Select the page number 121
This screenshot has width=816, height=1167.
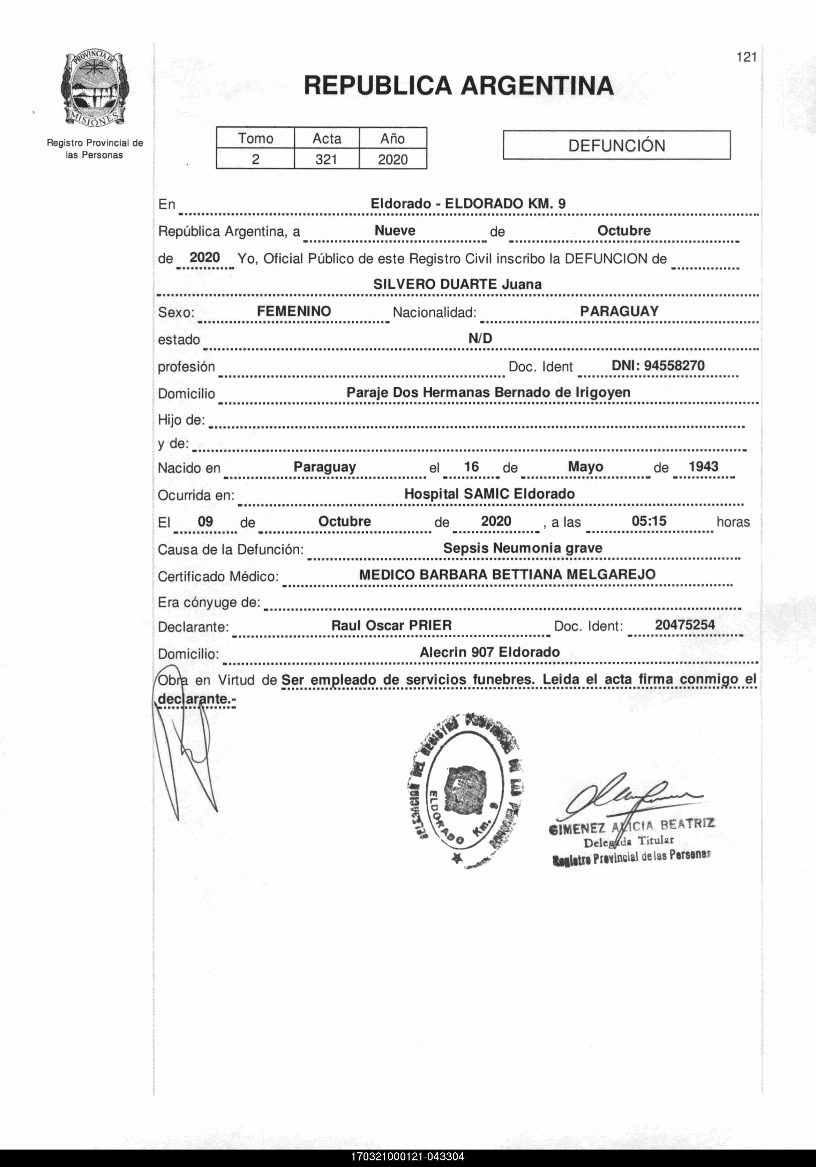[x=746, y=57]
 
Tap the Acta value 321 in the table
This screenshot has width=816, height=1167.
[x=326, y=159]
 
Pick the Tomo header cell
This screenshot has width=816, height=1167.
[x=256, y=138]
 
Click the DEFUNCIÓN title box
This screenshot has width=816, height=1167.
[x=616, y=146]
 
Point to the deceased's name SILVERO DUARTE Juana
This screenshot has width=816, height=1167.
[x=457, y=284]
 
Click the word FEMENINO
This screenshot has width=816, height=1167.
[x=294, y=311]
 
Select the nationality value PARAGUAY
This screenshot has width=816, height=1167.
[x=619, y=311]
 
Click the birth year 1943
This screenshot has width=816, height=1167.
[x=703, y=467]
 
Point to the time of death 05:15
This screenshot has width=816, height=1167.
[x=649, y=521]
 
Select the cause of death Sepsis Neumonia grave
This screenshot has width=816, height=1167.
[x=522, y=548]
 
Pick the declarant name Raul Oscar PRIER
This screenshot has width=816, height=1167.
[x=391, y=625]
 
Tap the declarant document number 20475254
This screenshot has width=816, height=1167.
[x=684, y=625]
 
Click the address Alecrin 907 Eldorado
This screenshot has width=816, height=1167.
[x=489, y=652]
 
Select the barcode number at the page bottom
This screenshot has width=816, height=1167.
[x=407, y=1157]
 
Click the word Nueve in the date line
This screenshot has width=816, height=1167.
[x=395, y=230]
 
